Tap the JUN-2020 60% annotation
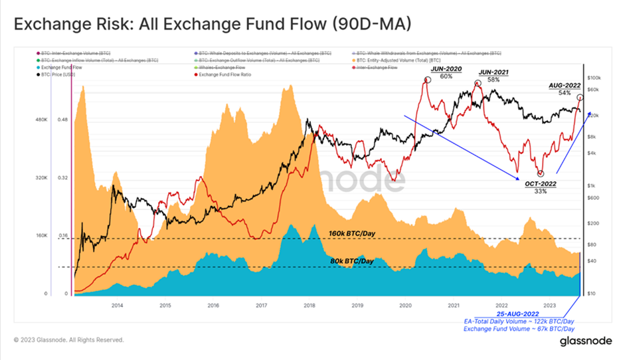coord(446,72)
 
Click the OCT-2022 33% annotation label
coord(539,187)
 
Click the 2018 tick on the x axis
coord(309,306)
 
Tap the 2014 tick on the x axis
coord(117,306)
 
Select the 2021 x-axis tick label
coord(453,306)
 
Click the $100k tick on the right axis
coord(594,78)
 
